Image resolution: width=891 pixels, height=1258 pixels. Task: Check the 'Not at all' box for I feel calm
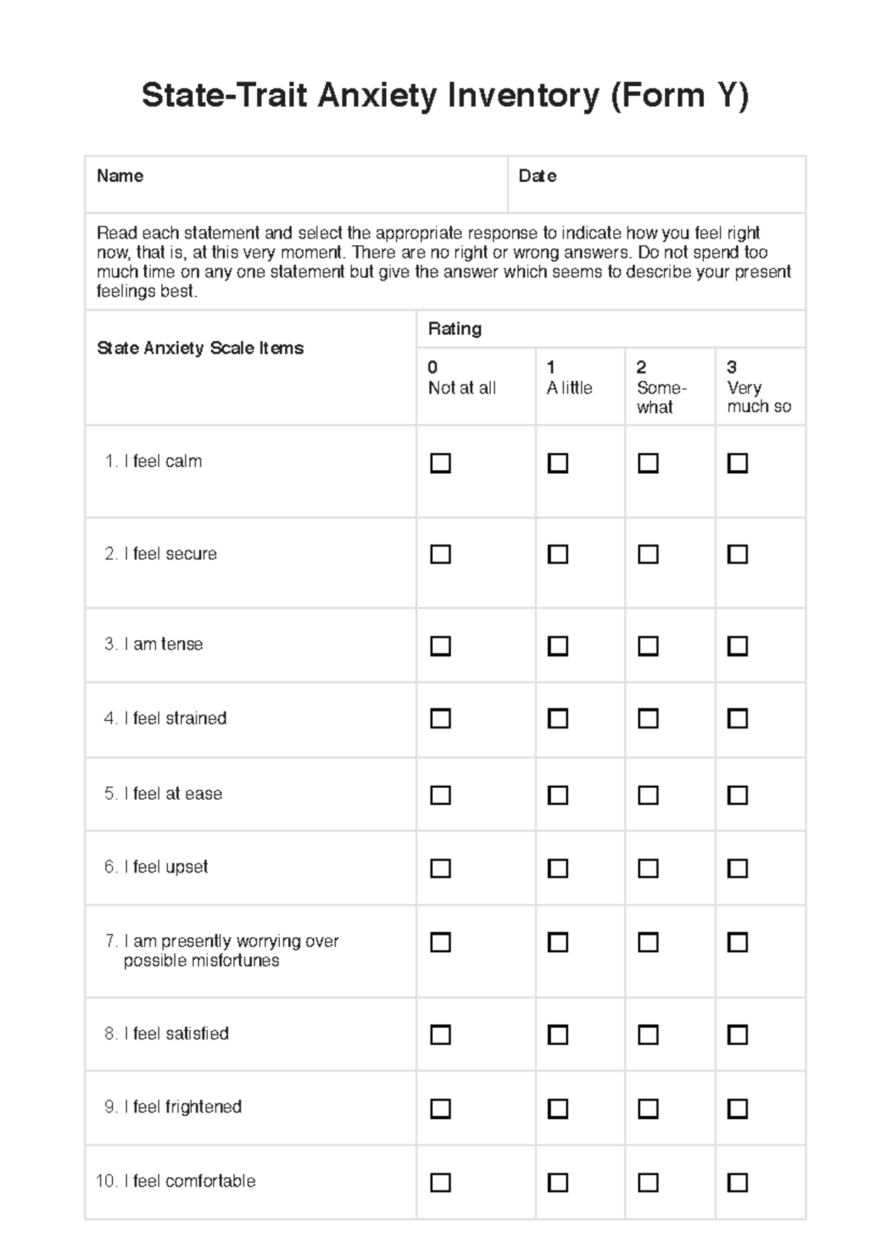440,463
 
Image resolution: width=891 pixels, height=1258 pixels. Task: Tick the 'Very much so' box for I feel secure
737,555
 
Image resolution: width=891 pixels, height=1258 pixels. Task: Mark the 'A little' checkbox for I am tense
558,646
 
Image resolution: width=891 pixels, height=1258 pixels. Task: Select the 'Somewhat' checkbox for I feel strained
648,719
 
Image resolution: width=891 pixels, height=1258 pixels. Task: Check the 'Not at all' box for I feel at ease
440,795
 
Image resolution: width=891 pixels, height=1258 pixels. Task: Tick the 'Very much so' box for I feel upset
737,868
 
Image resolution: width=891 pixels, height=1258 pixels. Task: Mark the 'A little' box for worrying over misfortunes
558,942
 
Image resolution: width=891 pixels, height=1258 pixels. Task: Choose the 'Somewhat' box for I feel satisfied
648,1034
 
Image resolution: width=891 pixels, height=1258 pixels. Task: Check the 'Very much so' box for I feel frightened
737,1109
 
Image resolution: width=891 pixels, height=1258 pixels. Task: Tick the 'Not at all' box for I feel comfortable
440,1182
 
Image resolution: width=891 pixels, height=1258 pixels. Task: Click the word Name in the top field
120,176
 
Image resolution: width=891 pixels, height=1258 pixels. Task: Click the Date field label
537,176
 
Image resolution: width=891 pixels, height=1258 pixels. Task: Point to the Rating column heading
454,329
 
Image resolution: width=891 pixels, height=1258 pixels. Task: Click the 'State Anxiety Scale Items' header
200,348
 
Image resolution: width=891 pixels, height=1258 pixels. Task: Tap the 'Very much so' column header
758,388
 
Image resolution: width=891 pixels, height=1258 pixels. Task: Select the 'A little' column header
569,379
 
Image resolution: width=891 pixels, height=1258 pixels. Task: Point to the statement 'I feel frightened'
182,1107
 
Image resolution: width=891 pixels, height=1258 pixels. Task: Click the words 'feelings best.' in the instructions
147,292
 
